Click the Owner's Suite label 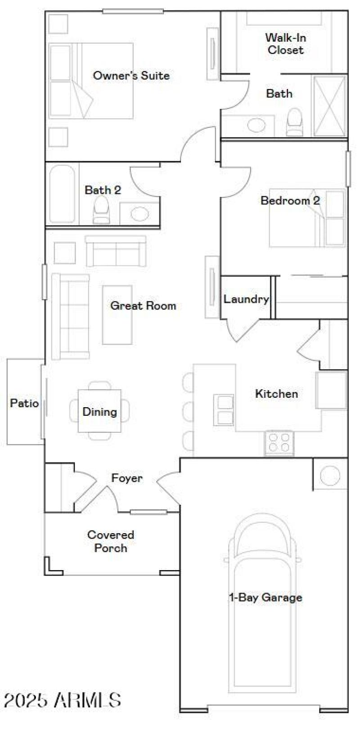tap(131, 76)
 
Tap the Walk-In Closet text tap(285, 44)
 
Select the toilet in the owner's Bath tap(295, 122)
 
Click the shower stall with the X tap(330, 106)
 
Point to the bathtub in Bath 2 tap(62, 194)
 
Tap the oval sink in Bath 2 tap(139, 213)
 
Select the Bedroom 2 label tap(290, 200)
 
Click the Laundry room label tap(246, 299)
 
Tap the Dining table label tap(99, 412)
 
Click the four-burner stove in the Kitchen tap(279, 442)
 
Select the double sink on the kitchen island tap(224, 410)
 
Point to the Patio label tap(24, 403)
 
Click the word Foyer tap(127, 478)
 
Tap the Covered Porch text tap(111, 541)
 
